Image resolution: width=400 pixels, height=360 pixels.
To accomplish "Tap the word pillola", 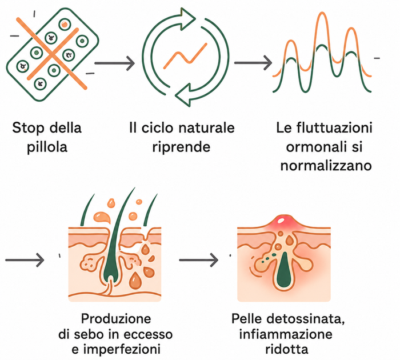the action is [47, 147].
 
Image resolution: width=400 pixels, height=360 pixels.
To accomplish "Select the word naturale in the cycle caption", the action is [206, 127].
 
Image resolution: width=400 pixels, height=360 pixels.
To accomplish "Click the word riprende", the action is [181, 147].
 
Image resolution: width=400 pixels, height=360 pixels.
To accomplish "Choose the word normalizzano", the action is [326, 166].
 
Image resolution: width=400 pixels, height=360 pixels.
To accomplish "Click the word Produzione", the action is [116, 319].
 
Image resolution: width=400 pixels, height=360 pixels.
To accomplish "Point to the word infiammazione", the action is [286, 334].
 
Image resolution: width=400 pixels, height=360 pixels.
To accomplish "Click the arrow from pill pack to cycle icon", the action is [114, 63].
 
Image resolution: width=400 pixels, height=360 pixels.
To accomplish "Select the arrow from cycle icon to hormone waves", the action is [253, 62].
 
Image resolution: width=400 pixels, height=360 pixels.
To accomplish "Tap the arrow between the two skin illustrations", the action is [199, 260].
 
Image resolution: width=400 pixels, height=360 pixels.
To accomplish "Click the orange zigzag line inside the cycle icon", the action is [185, 56].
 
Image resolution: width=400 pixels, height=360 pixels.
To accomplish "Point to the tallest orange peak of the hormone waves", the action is [322, 13].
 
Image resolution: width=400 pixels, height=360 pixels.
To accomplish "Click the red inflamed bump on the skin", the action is [281, 222].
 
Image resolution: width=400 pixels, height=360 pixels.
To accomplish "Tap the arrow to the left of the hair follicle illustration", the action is [25, 260].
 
